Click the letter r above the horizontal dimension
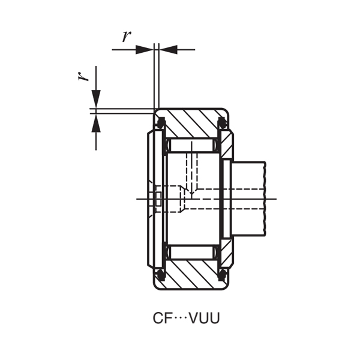coord(126,36)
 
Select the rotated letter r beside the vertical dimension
coord(85,75)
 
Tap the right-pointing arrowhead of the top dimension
coord(145,49)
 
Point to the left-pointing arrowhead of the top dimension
coord(169,49)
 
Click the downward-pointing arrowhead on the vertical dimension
coord(96,99)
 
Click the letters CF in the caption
coord(161,319)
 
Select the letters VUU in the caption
coord(205,319)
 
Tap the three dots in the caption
coord(181,319)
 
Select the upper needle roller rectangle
coord(192,145)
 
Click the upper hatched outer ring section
coord(192,124)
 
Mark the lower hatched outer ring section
coord(192,274)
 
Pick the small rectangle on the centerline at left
coord(158,199)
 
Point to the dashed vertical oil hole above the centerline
coord(192,171)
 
